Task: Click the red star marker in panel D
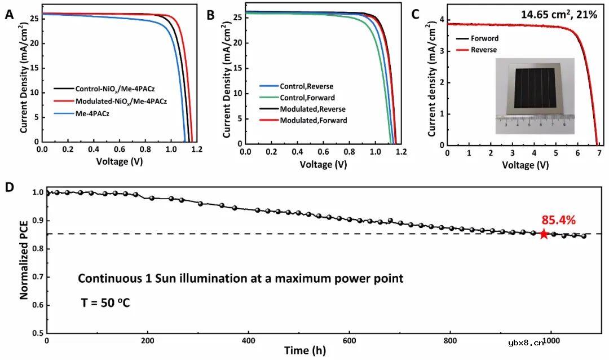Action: [x=544, y=234]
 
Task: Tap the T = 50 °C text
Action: [x=104, y=304]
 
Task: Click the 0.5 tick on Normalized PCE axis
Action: [x=37, y=333]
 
